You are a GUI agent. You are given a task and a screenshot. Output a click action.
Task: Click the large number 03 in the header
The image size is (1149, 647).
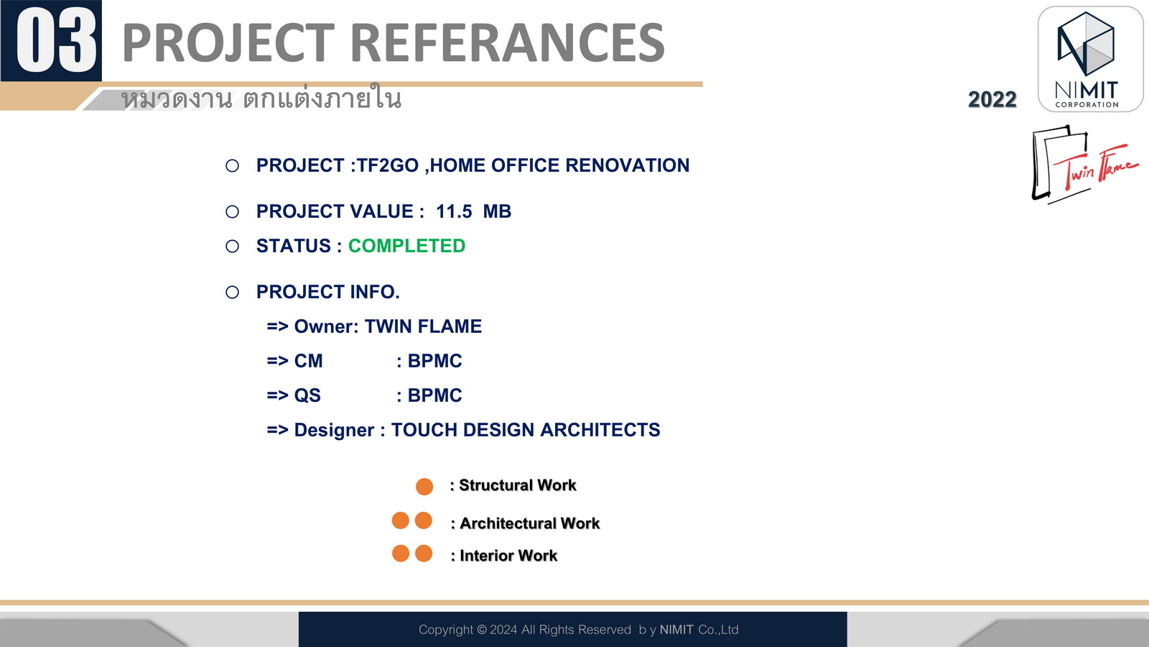pos(57,40)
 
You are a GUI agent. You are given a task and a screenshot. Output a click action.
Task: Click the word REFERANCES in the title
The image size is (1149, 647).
pos(507,42)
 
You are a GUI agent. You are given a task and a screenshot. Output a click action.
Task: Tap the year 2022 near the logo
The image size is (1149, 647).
pos(992,99)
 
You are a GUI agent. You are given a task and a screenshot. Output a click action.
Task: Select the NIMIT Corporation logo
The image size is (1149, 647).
pos(1090,59)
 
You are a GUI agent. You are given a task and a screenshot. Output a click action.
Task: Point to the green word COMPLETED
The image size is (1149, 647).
pos(406,246)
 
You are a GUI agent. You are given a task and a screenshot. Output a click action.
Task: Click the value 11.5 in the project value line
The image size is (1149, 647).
pos(454,211)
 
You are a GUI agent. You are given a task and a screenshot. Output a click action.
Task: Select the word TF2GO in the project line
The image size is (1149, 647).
pos(387,165)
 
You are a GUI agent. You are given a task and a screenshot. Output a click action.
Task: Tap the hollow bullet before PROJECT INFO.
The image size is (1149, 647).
pos(233,292)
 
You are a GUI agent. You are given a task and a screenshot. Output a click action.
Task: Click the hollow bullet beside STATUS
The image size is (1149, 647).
pos(233,247)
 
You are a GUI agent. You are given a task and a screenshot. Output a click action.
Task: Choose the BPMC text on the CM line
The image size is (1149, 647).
pos(434,361)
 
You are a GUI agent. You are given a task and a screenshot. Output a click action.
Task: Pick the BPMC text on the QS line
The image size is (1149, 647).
pos(434,395)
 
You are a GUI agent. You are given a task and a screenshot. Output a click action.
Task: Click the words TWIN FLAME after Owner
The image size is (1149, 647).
pos(423,326)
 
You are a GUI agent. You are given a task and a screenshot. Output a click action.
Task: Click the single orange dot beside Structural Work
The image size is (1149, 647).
pos(424,486)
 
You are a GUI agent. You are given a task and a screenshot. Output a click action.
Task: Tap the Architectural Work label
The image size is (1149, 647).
pos(530,523)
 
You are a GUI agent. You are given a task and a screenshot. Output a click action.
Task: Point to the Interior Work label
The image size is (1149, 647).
pos(508,556)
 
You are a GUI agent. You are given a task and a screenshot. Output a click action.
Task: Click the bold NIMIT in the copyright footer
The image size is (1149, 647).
pos(676,630)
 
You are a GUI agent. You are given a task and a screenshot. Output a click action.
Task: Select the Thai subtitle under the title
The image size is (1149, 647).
pos(261,98)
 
